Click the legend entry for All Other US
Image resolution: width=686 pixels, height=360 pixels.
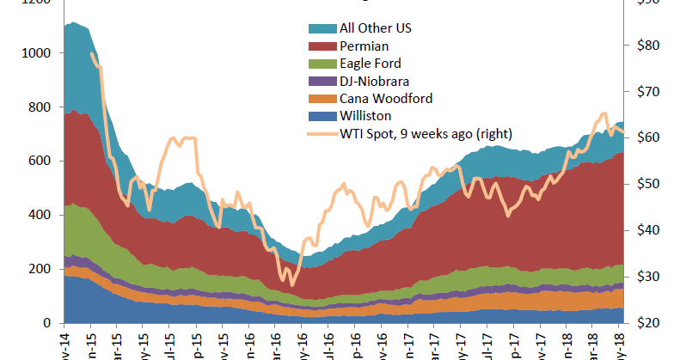363,28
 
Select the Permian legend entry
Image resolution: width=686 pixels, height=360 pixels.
352,46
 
